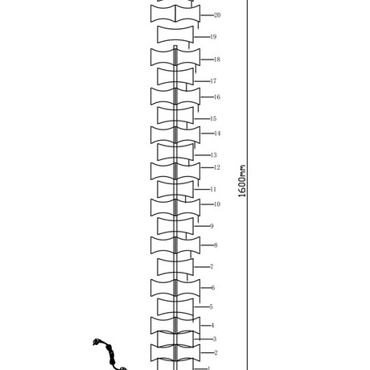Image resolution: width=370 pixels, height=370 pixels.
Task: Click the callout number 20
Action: (217, 15)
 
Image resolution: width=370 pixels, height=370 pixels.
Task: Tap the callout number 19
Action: (213, 37)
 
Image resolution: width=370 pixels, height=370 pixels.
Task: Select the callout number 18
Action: (217, 60)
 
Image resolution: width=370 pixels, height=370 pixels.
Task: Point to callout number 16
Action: (217, 97)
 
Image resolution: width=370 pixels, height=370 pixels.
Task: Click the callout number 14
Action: (217, 134)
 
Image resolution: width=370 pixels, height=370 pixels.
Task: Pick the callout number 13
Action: (214, 155)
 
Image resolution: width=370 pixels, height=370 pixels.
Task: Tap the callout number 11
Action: (213, 189)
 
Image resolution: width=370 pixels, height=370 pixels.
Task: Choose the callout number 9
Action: (212, 226)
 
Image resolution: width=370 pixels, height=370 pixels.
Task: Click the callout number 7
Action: (212, 267)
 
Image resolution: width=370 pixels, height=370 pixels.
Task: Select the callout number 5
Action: (212, 306)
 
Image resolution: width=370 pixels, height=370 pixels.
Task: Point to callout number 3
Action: (215, 339)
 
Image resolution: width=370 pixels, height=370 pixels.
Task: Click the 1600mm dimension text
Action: (242, 181)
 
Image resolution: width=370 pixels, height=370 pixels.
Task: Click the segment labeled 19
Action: (175, 35)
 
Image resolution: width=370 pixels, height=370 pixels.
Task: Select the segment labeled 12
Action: (175, 171)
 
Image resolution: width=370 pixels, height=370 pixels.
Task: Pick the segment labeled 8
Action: (175, 245)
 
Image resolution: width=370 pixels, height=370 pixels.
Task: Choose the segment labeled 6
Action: (175, 288)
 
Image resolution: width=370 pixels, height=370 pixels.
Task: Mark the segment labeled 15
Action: (175, 116)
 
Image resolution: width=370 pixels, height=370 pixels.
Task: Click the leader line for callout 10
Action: (207, 204)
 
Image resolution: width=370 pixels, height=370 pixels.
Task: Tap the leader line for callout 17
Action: (202, 81)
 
